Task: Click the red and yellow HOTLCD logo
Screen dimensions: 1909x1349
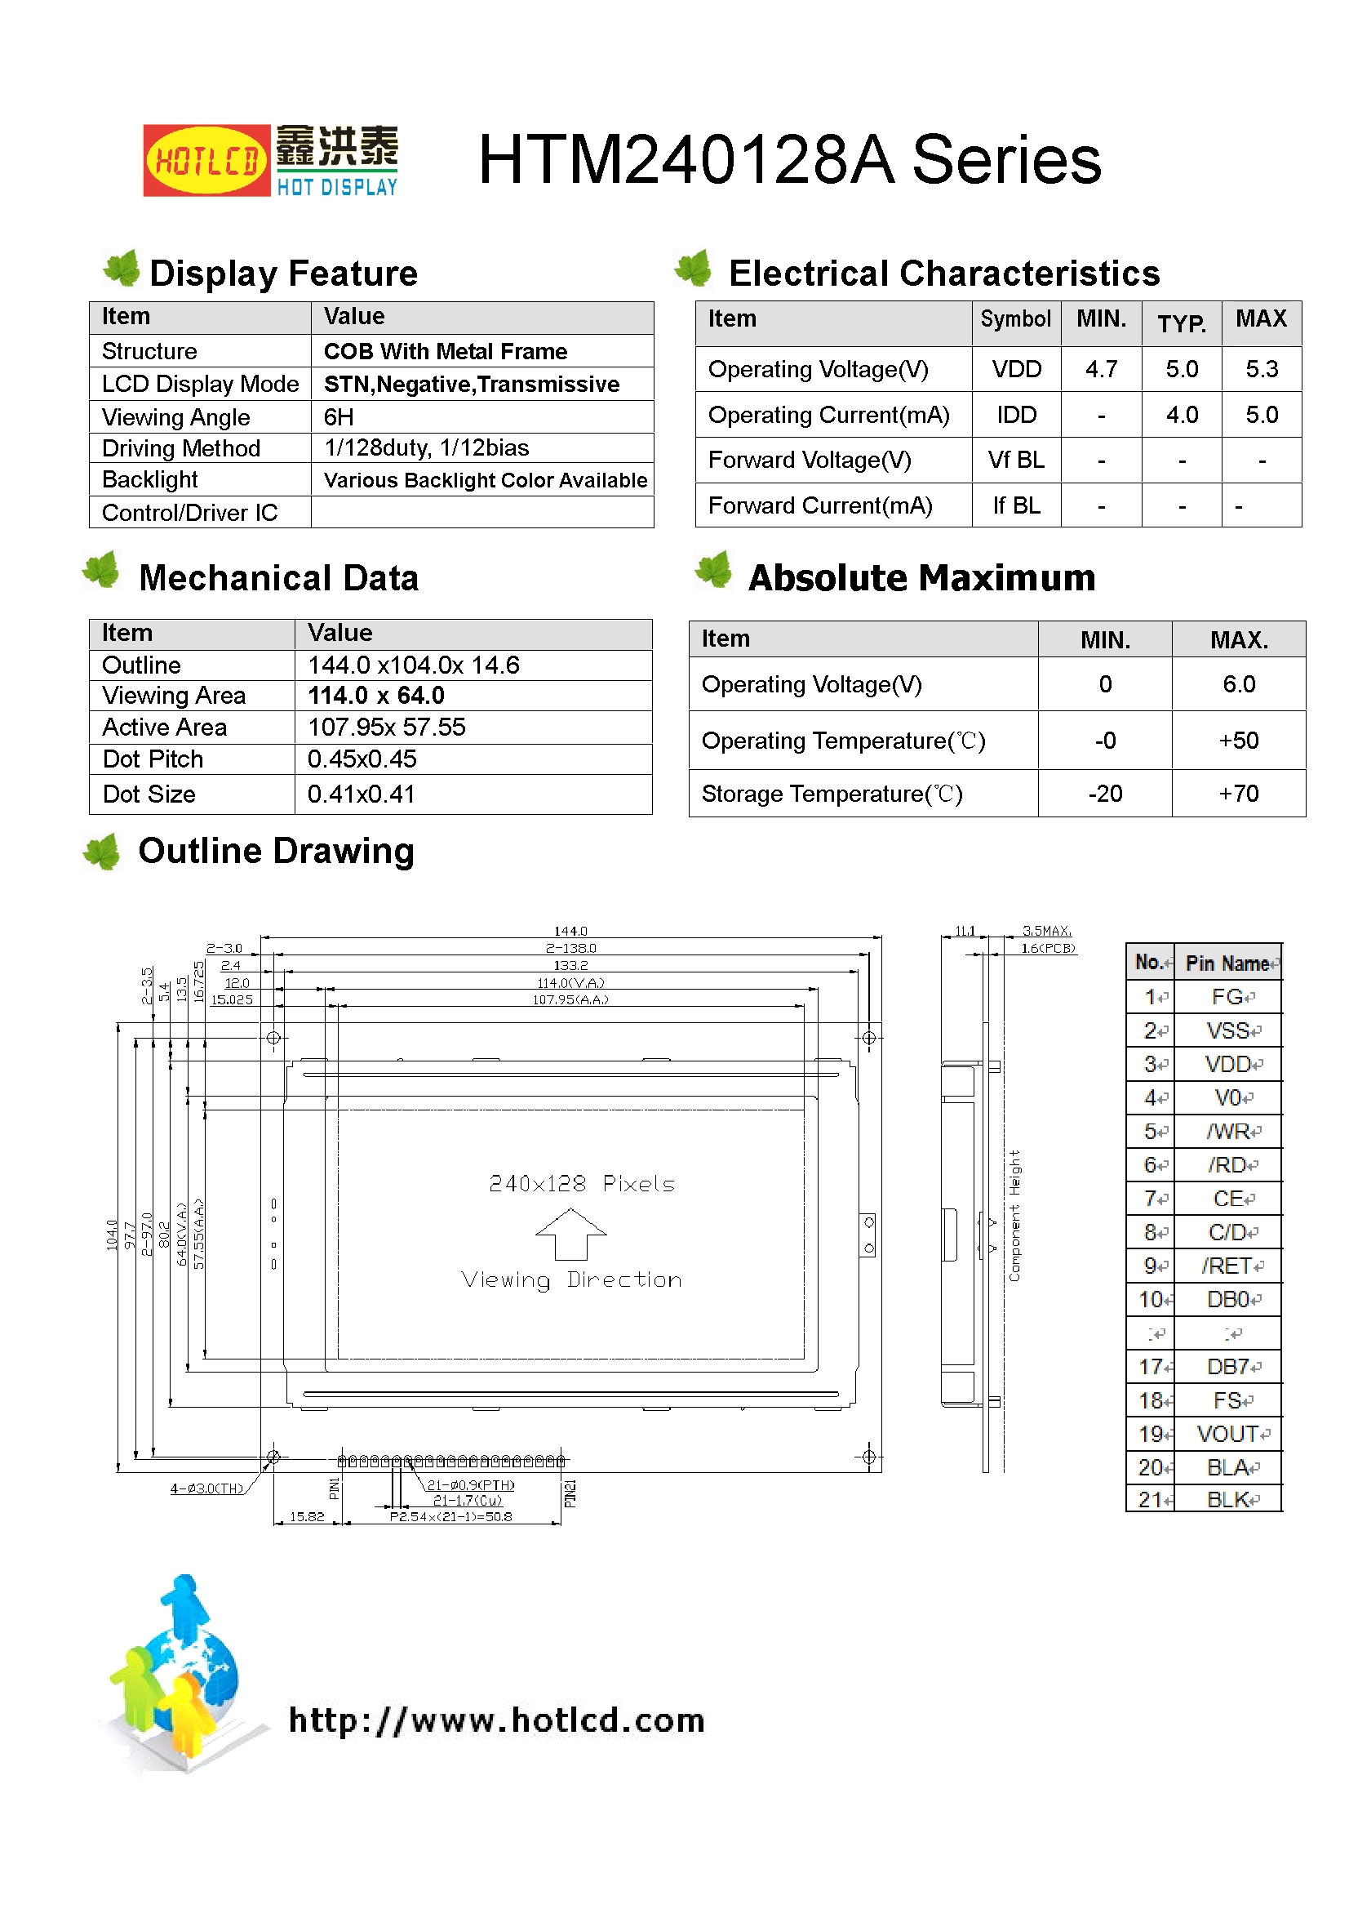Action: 206,161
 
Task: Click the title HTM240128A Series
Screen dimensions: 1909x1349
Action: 789,160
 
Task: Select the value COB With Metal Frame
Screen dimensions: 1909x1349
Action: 445,352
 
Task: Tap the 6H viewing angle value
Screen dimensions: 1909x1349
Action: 339,416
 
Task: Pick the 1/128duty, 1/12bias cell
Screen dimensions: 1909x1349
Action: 426,448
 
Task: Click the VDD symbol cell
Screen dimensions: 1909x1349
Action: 1016,369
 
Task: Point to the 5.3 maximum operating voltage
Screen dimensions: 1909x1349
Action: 1261,369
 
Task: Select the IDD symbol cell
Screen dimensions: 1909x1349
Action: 1016,415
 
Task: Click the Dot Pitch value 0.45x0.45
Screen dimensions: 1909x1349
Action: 362,759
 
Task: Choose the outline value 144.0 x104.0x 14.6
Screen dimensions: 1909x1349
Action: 413,665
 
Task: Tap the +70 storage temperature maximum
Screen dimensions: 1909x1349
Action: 1238,794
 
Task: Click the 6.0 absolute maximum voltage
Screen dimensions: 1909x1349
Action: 1238,684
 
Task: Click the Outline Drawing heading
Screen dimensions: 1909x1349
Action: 276,852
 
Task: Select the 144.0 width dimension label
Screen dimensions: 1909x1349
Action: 570,931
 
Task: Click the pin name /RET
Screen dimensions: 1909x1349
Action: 1226,1266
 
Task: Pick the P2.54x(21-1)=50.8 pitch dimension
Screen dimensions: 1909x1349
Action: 450,1516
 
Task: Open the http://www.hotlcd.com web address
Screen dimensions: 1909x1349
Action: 496,1720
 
